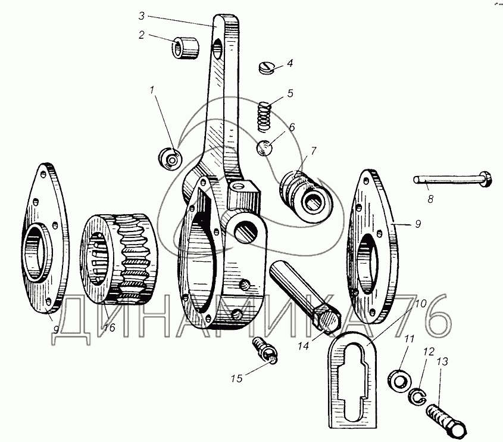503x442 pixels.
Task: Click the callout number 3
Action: [x=142, y=16]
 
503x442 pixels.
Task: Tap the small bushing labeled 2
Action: [x=186, y=48]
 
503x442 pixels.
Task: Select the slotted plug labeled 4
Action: [x=265, y=68]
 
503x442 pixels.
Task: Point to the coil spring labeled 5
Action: [x=265, y=116]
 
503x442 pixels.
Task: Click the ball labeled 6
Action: [x=265, y=148]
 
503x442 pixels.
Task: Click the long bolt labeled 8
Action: [x=452, y=179]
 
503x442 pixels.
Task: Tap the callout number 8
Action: [x=430, y=199]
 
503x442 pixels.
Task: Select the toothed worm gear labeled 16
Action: [x=118, y=258]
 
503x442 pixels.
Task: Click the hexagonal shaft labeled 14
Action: [x=305, y=298]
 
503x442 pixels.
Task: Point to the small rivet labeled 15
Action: [x=265, y=350]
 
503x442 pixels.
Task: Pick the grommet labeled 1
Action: [x=171, y=159]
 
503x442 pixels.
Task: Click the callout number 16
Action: [x=108, y=328]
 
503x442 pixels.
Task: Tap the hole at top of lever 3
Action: [x=217, y=49]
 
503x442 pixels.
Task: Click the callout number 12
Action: [x=429, y=351]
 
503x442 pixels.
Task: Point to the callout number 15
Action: [x=236, y=379]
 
